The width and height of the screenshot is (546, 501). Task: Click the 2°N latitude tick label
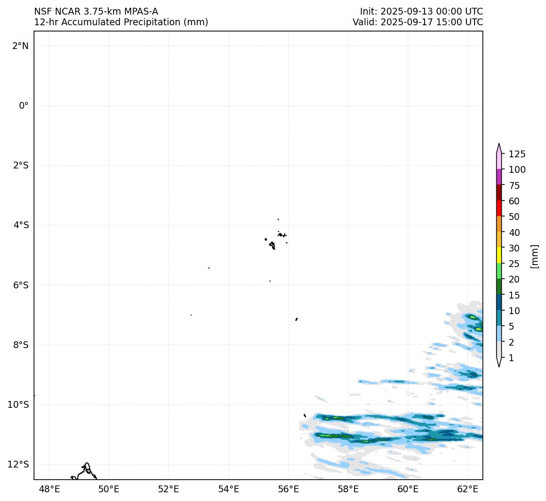pyautogui.click(x=20, y=46)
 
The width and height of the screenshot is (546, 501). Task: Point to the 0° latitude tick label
pyautogui.click(x=24, y=106)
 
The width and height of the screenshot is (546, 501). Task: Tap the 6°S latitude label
pyautogui.click(x=20, y=285)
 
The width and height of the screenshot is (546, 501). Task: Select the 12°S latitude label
pyautogui.click(x=18, y=465)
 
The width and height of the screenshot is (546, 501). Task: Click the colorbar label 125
pyautogui.click(x=517, y=154)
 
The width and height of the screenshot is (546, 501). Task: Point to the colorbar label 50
pyautogui.click(x=514, y=217)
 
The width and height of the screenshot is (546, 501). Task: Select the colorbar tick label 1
pyautogui.click(x=511, y=358)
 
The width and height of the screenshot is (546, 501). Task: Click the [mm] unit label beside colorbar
pyautogui.click(x=535, y=256)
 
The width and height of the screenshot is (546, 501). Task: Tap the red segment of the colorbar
pyautogui.click(x=499, y=209)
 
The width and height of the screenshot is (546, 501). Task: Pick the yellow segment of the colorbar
pyautogui.click(x=499, y=256)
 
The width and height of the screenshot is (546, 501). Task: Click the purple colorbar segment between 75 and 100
pyautogui.click(x=499, y=177)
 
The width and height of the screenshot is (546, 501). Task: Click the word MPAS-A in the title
pyautogui.click(x=141, y=12)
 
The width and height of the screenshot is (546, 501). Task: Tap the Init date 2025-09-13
pyautogui.click(x=406, y=12)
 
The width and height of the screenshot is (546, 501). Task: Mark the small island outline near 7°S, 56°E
pyautogui.click(x=296, y=319)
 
